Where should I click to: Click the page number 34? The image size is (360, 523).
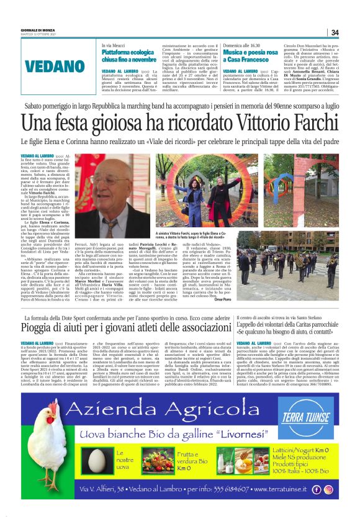coord(334,33)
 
